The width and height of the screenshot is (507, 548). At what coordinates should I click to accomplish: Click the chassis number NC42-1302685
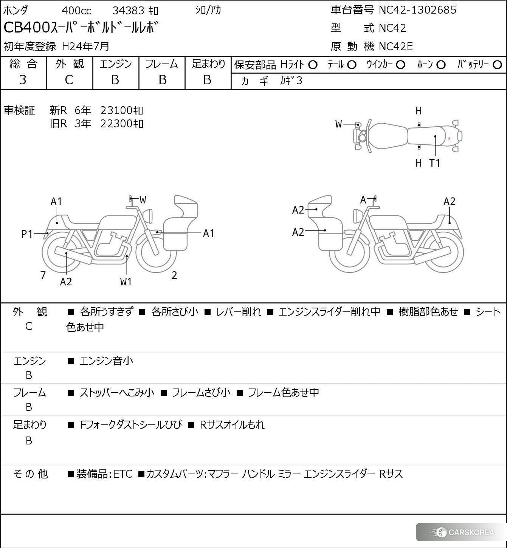417,10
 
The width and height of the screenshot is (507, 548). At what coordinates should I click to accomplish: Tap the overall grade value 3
23,80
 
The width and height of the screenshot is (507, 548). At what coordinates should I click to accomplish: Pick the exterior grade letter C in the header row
69,80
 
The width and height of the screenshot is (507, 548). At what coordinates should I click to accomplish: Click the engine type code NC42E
395,46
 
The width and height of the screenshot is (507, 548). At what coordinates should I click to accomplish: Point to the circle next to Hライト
313,65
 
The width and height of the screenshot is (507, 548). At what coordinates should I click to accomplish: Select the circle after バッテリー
498,65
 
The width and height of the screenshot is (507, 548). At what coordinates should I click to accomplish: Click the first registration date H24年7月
85,46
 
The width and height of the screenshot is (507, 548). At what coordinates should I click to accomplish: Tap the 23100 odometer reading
116,110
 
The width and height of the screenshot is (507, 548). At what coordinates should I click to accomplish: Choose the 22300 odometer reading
116,124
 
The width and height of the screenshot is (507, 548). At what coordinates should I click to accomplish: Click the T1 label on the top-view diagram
435,163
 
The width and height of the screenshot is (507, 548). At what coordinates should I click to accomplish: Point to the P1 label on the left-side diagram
27,234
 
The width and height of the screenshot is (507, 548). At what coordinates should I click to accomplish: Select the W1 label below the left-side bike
126,282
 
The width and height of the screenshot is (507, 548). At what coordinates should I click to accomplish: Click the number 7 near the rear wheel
43,276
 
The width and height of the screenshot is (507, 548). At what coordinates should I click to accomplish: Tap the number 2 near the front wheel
174,276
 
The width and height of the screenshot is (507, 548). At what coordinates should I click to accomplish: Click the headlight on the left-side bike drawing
148,216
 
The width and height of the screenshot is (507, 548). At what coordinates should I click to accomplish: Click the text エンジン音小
106,361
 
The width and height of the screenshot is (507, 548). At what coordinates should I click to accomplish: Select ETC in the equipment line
123,474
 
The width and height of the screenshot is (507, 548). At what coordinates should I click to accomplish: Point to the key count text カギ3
291,81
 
